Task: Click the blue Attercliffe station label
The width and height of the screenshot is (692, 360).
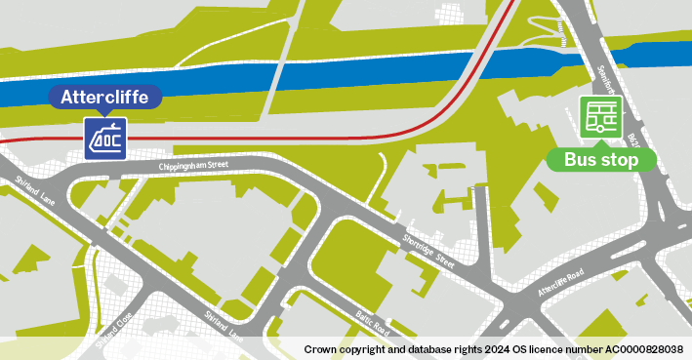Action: (104, 97)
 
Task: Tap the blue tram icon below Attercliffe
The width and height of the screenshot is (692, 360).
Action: (104, 139)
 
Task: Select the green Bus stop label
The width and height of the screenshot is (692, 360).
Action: (600, 158)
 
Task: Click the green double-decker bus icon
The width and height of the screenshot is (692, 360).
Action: (600, 117)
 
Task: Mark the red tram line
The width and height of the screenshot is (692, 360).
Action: (293, 139)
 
